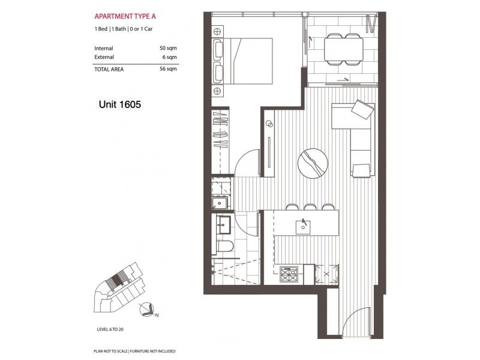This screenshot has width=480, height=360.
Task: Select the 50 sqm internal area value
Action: pyautogui.click(x=169, y=47)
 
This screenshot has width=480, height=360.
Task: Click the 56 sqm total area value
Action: pyautogui.click(x=169, y=70)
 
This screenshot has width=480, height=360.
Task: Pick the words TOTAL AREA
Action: pyautogui.click(x=110, y=70)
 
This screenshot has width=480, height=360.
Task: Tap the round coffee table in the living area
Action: pyautogui.click(x=313, y=161)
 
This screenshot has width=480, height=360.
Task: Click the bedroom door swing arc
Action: pyautogui.click(x=246, y=163)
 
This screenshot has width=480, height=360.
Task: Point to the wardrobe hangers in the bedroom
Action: pyautogui.click(x=220, y=133)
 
